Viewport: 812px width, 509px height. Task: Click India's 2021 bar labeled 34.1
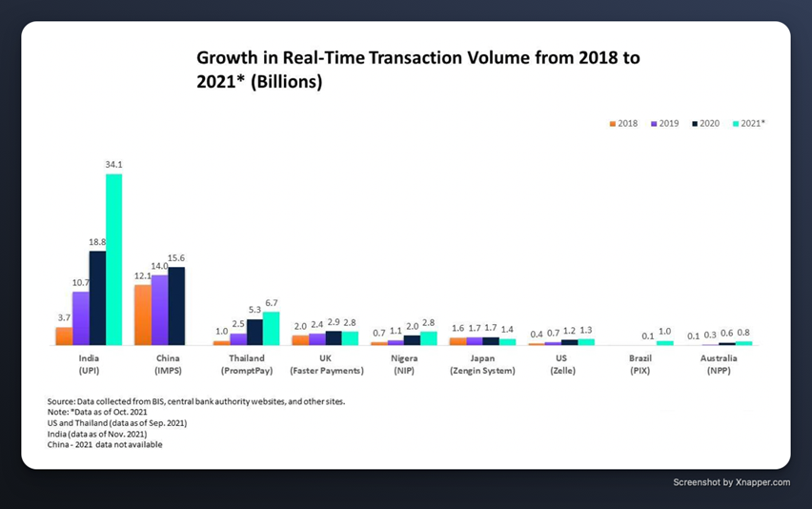(113, 258)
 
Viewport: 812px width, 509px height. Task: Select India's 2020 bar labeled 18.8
(97, 297)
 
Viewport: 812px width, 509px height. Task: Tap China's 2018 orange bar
(142, 315)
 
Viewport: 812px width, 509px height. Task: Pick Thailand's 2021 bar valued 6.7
(271, 328)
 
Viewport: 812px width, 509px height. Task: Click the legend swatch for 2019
(655, 124)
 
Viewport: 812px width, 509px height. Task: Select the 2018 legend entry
(622, 124)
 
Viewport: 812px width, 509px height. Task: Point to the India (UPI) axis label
(89, 364)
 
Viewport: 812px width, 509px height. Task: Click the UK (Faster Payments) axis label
(325, 364)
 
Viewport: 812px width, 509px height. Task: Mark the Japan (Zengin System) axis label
(482, 364)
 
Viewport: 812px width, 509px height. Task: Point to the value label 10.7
(81, 283)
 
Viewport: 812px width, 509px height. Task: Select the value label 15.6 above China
(176, 258)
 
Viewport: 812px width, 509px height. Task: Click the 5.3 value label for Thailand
(254, 310)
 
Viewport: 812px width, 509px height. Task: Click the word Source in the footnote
(62, 402)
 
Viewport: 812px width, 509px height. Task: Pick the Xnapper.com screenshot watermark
(731, 482)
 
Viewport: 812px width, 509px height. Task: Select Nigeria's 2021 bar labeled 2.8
(428, 337)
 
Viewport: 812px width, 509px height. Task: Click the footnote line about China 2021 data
(105, 444)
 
